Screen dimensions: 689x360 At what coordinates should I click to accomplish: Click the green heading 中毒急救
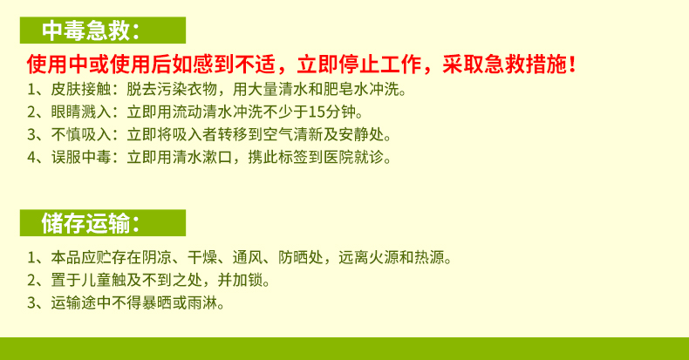pos(85,31)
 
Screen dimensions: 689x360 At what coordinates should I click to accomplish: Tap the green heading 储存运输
pos(85,223)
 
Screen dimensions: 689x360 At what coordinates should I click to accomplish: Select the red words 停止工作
pos(379,65)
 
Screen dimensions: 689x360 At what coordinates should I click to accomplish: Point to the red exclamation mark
pos(571,65)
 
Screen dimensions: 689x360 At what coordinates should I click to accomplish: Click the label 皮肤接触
pos(81,89)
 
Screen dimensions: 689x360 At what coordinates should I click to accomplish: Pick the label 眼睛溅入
pos(81,112)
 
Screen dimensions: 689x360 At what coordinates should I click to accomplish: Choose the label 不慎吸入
pos(81,134)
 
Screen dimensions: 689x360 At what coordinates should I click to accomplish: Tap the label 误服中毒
pos(81,157)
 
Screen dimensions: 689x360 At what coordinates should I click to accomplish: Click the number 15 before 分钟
pos(317,112)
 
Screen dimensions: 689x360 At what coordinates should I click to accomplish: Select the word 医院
pos(338,157)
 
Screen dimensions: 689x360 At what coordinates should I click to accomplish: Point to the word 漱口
pos(217,157)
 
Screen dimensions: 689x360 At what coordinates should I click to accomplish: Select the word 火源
pos(384,257)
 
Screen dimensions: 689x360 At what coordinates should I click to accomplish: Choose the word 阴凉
pos(156,257)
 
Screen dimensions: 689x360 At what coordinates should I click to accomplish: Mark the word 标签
pos(293,157)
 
